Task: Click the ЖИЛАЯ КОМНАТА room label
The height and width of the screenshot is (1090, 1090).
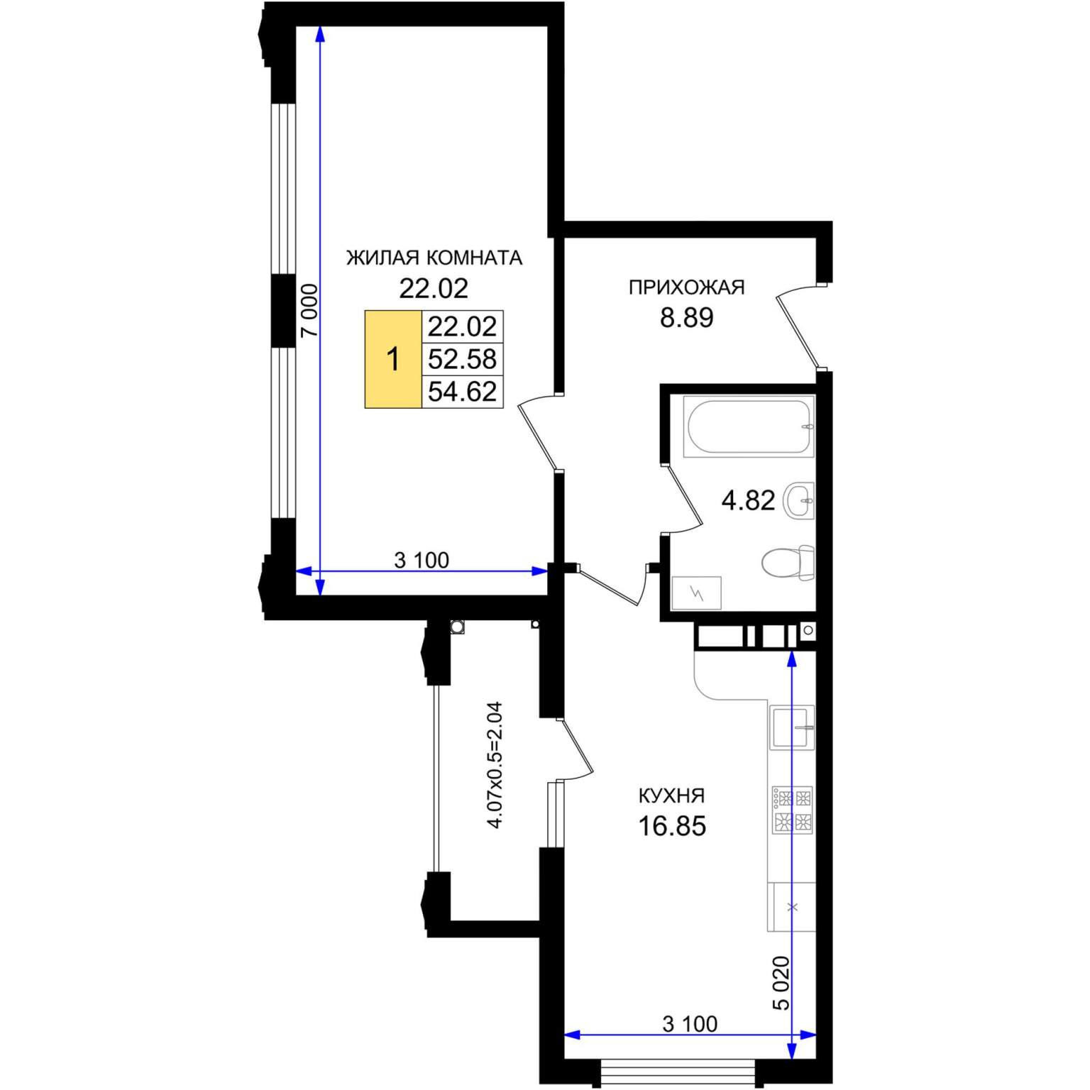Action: coord(434,258)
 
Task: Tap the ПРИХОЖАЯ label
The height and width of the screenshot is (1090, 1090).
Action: coord(686,287)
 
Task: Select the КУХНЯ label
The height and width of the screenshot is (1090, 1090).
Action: coord(671,796)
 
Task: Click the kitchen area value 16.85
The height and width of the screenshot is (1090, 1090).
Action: coord(672,827)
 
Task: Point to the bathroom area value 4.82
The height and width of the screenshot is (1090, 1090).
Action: coord(748,501)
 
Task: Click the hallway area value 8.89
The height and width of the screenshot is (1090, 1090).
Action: coord(686,318)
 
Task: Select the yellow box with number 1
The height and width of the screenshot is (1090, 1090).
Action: coord(393,359)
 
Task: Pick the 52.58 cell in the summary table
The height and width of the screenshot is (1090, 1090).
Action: coord(462,359)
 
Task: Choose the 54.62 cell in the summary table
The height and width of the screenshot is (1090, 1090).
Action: coord(462,392)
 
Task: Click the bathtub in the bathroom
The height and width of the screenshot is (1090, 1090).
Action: coord(748,426)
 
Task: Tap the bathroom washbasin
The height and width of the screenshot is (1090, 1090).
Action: coord(799,500)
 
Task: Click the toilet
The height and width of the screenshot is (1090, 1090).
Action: coord(788,563)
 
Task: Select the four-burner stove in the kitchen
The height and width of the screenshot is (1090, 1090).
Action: coord(792,810)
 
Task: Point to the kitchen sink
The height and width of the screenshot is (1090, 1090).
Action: coord(793,728)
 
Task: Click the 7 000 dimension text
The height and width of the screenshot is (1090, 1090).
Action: coord(309,311)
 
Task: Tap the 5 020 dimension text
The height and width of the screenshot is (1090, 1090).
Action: coord(781,983)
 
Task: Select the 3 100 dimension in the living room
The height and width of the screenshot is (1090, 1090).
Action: coord(422,561)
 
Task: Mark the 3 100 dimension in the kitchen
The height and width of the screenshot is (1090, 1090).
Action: coord(690,1024)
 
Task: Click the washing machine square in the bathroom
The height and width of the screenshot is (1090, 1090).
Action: coord(696,593)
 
